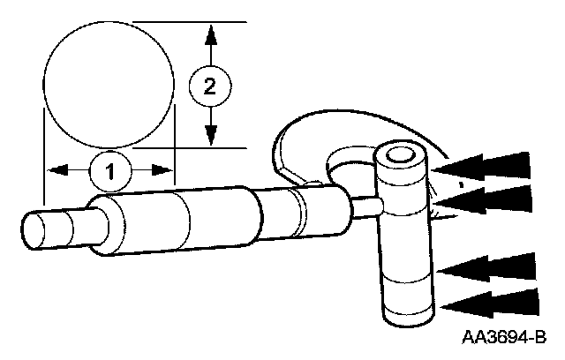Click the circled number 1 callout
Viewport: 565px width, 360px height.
[110, 170]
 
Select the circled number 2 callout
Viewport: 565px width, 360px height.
[209, 86]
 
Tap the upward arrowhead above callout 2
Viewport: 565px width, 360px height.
[209, 37]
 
